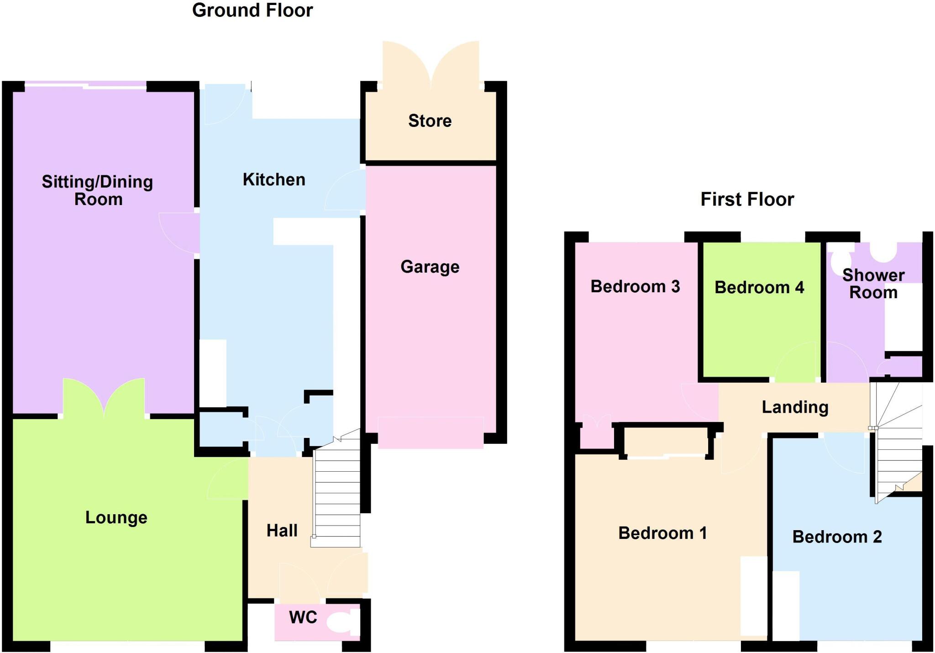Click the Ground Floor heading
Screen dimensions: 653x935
(x=252, y=11)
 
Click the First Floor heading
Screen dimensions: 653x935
(x=747, y=200)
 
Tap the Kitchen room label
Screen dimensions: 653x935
(x=274, y=179)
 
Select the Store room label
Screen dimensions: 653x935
(x=430, y=121)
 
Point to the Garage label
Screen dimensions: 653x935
(x=430, y=267)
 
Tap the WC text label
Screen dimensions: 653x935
(x=303, y=617)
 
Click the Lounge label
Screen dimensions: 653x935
(x=116, y=517)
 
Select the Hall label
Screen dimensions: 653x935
(x=282, y=531)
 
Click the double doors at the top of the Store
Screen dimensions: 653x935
(x=431, y=64)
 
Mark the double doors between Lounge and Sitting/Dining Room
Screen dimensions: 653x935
(x=104, y=397)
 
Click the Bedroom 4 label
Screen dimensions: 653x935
(x=759, y=287)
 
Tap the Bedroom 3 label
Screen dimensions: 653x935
(x=635, y=286)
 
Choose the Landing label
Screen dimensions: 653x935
(x=795, y=407)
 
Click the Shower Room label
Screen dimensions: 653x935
(x=873, y=284)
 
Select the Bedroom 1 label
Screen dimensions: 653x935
(x=662, y=533)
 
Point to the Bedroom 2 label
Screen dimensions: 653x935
(x=837, y=537)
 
